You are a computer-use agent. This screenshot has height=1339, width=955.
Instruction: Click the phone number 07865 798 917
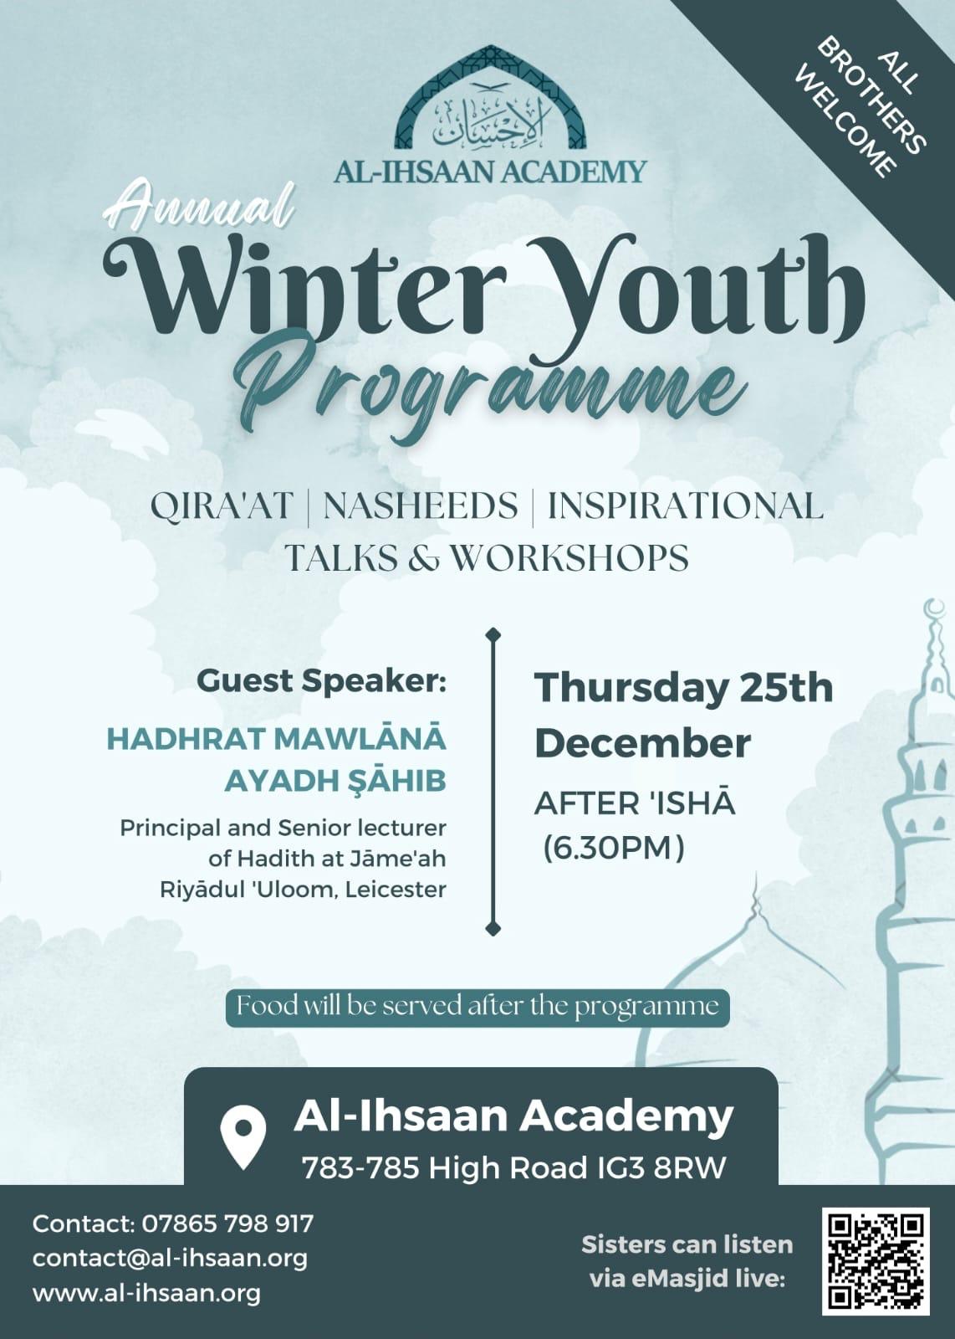227,1224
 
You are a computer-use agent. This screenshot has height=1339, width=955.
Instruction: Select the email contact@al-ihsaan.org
171,1258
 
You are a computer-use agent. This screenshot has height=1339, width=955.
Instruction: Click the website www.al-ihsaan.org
146,1293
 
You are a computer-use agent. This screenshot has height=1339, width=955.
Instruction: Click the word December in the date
642,744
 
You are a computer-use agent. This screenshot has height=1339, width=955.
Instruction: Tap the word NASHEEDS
421,505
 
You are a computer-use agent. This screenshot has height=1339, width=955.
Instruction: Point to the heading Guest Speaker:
321,681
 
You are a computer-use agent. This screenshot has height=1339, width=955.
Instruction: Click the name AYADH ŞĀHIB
335,782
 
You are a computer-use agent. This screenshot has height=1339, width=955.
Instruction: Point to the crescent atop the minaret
935,612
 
